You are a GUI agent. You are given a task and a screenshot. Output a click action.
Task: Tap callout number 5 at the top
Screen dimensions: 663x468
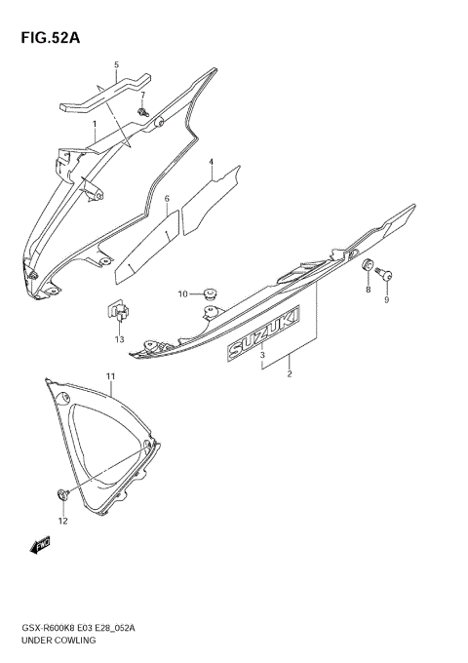[116, 65]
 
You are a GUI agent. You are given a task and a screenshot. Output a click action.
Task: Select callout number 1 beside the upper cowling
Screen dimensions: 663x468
[95, 125]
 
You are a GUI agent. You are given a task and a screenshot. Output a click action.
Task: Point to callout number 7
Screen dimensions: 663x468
[142, 95]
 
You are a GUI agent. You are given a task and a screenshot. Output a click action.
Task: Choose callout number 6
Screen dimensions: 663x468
[167, 199]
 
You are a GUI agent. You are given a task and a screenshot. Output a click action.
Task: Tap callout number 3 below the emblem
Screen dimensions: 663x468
[262, 356]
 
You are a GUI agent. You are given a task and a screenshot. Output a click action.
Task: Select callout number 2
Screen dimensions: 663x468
[289, 372]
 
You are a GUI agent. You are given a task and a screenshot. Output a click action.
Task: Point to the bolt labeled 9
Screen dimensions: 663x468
[388, 275]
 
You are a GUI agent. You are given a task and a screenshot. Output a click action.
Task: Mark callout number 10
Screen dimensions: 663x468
[182, 293]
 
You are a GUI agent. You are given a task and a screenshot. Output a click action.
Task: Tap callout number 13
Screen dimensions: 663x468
[119, 339]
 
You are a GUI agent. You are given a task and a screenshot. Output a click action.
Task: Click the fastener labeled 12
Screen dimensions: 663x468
[63, 495]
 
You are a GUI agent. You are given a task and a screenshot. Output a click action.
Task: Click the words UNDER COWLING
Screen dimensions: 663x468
[54, 641]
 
